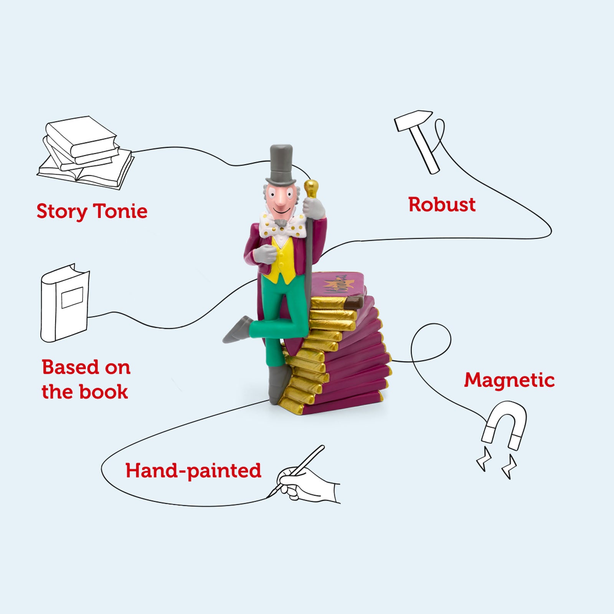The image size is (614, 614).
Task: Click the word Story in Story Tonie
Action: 61,211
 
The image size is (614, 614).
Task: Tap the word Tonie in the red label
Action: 120,211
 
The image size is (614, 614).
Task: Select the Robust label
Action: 442,205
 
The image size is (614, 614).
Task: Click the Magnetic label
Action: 509,380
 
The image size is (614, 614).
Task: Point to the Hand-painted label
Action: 193,470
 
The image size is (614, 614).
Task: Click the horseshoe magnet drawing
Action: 504,426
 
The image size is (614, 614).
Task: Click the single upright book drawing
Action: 64,303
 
